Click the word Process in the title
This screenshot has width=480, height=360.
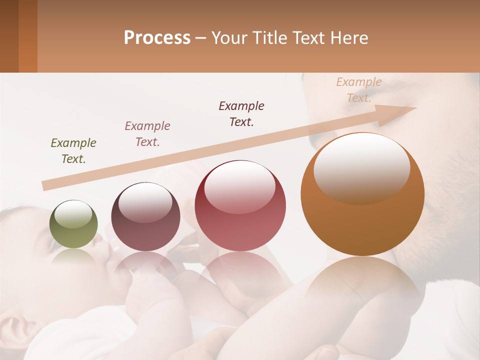click(x=157, y=38)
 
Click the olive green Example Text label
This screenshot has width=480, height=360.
click(x=73, y=151)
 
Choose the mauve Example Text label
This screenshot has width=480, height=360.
click(x=147, y=134)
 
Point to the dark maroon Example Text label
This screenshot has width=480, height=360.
click(x=241, y=113)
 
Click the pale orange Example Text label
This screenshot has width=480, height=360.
click(x=359, y=90)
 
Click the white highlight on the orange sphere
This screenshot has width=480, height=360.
click(x=361, y=167)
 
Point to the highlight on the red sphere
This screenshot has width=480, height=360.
click(x=240, y=186)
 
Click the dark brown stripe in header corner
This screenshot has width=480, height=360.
click(x=9, y=36)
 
